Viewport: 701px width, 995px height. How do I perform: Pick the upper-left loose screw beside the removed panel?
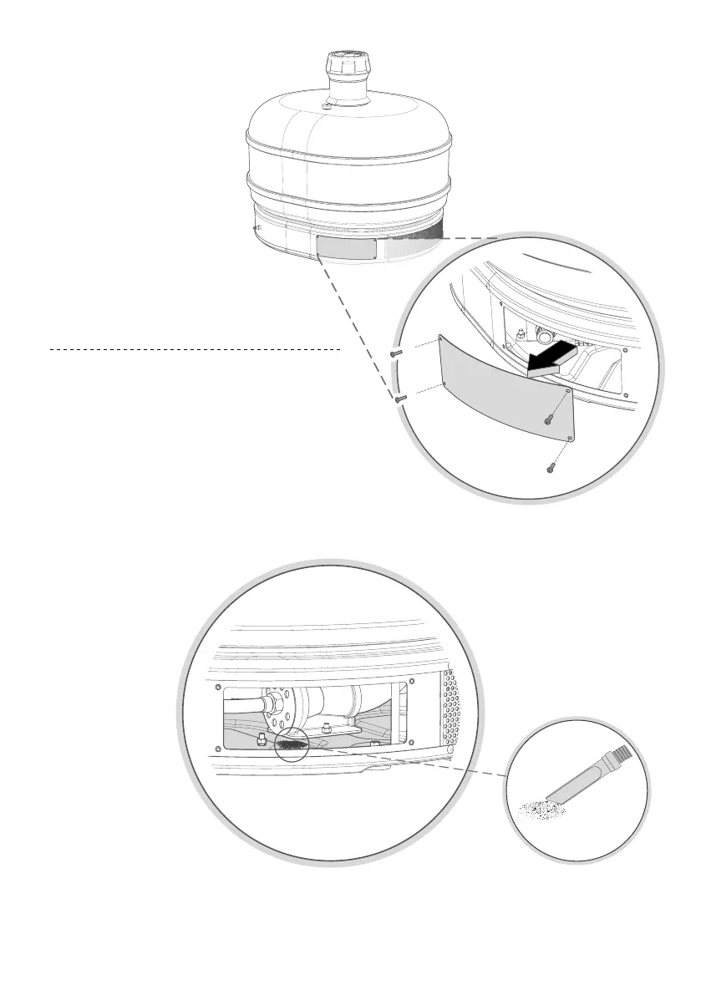pos(396,353)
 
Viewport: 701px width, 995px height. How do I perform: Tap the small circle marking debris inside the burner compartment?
pos(291,742)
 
